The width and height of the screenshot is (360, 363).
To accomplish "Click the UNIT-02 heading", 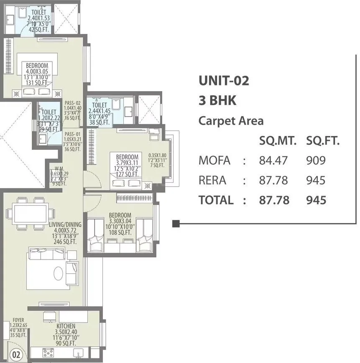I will pos(224,80).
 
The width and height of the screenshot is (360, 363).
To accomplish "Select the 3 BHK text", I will pos(217,101).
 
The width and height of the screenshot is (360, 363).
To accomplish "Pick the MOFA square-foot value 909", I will pos(316,160).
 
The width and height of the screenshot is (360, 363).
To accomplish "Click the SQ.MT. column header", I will pos(278,141).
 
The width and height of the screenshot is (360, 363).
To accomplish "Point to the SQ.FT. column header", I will pos(323,141).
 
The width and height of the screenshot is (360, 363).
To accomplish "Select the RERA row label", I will pos(212,180).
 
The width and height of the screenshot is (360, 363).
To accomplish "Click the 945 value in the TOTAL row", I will pos(316,200).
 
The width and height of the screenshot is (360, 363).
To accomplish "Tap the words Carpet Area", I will pos(231,121).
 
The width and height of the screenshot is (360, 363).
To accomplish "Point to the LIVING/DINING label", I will pos(65,225).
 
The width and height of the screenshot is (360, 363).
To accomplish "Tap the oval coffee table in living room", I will pos(58,273).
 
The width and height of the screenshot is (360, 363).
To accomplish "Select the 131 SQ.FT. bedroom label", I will pos(37,83).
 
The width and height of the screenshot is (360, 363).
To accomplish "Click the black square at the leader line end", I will pos(176,224).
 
